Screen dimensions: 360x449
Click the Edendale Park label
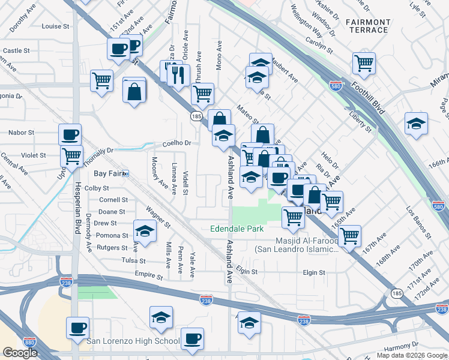coord(237,229)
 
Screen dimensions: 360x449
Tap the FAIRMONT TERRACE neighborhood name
coord(369,26)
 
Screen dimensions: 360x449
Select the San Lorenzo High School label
coord(133,341)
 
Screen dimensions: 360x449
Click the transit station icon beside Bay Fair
coord(126,173)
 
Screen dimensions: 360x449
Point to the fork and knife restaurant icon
coord(178,74)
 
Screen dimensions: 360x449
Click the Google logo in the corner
coord(20,353)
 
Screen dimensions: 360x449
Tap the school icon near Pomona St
coord(145,230)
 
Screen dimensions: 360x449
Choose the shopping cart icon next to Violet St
coord(72,156)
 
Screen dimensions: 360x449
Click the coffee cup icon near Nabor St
coord(70,134)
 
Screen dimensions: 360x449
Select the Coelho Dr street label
coord(176,143)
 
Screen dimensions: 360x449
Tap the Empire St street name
coord(149,277)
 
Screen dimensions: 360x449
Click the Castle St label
coord(17,51)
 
